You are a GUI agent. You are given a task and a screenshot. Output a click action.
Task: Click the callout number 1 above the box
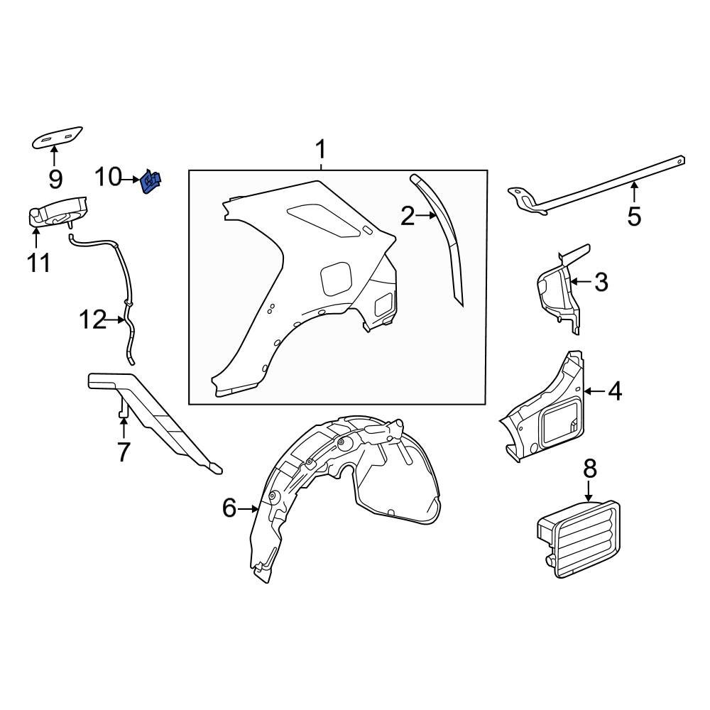point(321,150)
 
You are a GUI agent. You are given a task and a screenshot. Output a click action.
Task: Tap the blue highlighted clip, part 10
point(151,182)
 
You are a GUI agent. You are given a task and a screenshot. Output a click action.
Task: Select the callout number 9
point(55,180)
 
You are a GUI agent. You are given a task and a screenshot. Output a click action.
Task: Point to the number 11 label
point(38,263)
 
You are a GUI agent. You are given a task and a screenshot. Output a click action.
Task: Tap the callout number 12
point(92,320)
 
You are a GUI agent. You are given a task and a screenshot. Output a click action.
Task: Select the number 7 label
point(124,452)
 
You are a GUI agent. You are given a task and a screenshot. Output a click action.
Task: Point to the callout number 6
point(229,508)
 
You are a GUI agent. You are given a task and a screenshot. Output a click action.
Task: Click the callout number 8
point(590,469)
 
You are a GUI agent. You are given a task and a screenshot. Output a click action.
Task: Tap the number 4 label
point(614,390)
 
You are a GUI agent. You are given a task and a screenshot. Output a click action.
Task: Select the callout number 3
point(601,282)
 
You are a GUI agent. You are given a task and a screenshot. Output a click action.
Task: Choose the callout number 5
point(633,216)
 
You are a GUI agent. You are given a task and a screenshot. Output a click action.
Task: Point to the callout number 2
point(407,216)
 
